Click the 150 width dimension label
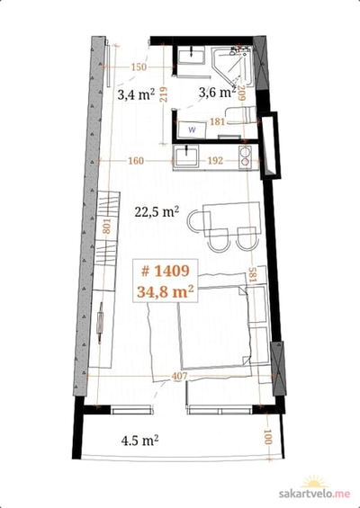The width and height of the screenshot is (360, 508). tap(139, 67)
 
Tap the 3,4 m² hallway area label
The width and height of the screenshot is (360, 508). tap(136, 94)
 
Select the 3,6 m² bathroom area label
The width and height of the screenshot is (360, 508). tap(217, 93)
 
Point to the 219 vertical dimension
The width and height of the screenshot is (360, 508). tap(164, 94)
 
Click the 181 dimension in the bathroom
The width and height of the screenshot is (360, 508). tap(217, 121)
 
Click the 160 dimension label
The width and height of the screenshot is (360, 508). tap(136, 161)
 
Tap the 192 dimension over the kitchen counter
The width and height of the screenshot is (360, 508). tap(215, 160)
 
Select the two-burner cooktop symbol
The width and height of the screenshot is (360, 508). tap(245, 156)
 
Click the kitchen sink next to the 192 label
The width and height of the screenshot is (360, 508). tap(186, 156)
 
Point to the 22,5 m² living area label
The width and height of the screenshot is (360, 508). tap(157, 212)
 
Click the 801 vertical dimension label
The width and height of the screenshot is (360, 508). tap(107, 226)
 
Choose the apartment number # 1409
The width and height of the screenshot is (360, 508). tap(166, 271)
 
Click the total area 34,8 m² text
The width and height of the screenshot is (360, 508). tap(166, 291)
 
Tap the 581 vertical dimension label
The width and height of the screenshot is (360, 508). tap(252, 274)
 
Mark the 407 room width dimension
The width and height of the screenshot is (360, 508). tap(179, 376)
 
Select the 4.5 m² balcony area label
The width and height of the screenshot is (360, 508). tap(140, 441)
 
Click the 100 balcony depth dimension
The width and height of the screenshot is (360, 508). tap(268, 437)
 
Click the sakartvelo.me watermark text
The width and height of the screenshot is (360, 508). tap(315, 494)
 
